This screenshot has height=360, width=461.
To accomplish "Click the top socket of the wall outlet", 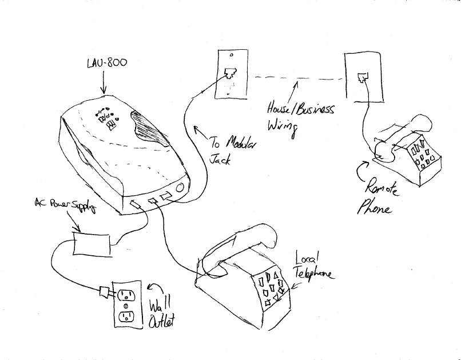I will coord(126,296).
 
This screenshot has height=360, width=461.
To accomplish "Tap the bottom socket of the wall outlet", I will coord(125,316).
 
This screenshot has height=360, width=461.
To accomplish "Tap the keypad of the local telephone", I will coord(269,290).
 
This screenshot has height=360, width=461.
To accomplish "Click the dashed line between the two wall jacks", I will coord(297,77).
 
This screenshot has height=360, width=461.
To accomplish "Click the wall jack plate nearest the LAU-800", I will coord(231,73).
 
